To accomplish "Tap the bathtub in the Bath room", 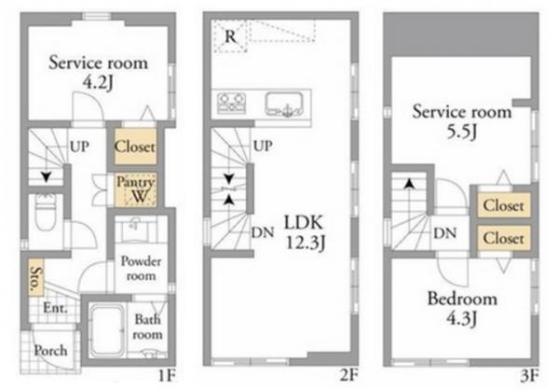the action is click(107, 330).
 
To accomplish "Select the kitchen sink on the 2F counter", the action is click(284, 104).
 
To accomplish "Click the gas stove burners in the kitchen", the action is click(232, 103).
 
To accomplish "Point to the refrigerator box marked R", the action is click(230, 36).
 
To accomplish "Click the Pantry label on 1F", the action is click(135, 182).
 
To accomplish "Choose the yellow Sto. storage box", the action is click(36, 277).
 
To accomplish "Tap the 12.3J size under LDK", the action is click(306, 244).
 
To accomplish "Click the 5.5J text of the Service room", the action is click(462, 133).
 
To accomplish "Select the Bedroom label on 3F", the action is click(462, 299).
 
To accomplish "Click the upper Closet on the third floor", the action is click(503, 205).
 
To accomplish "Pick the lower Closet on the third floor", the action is click(503, 238).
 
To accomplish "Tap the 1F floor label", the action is click(167, 376).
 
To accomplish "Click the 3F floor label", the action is click(529, 376).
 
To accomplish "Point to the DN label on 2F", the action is click(263, 232).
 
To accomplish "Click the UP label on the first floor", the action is click(79, 147).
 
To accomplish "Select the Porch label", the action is click(50, 351).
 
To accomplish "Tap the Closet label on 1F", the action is click(135, 147).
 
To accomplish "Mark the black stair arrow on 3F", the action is click(410, 184).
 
